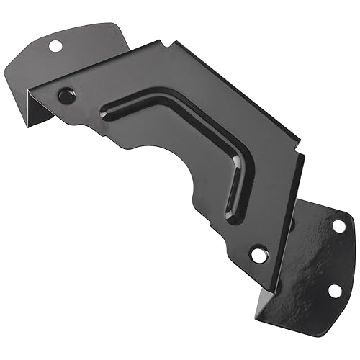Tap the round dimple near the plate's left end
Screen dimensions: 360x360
click(x=66, y=94)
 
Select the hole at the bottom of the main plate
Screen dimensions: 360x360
click(x=258, y=253)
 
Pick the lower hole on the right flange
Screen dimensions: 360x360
click(x=333, y=290)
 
